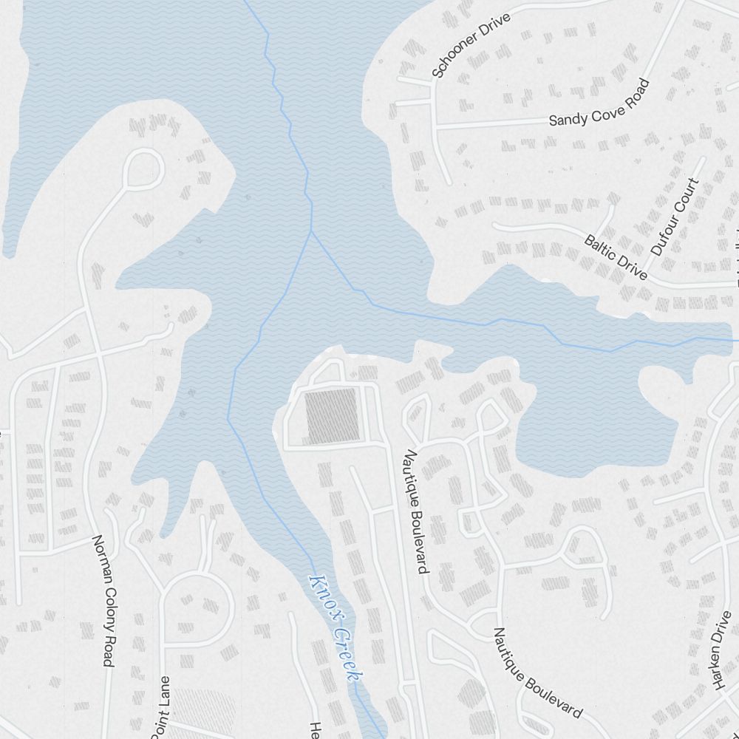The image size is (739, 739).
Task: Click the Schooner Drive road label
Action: point(471,50)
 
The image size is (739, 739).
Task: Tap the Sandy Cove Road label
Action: point(599,103)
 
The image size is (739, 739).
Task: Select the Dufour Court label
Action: point(675,217)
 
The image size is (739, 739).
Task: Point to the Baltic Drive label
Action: point(616,257)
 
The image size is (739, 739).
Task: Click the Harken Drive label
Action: point(721,650)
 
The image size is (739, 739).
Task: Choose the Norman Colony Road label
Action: point(103,600)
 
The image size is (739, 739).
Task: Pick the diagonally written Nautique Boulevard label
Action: point(537,672)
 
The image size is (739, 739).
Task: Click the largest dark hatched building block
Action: point(332,415)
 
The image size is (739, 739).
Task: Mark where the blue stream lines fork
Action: point(311,231)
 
